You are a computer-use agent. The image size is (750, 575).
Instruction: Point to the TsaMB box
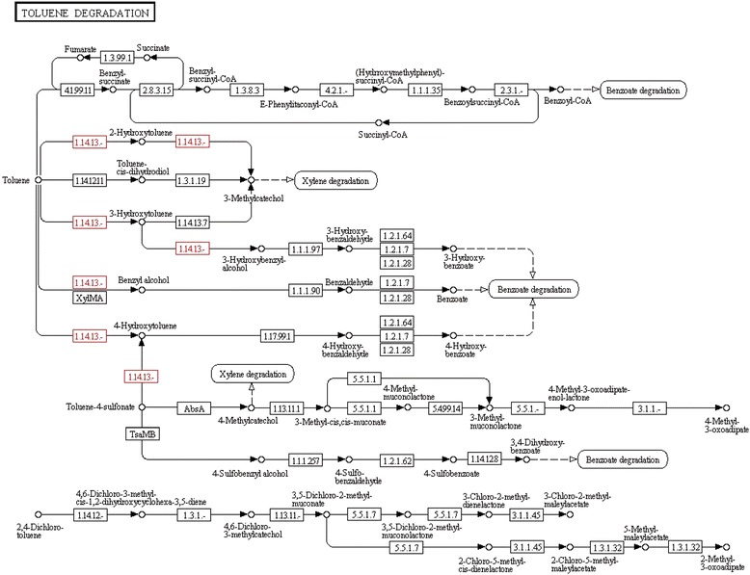tap(141, 435)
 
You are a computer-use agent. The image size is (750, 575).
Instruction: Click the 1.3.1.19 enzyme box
tap(194, 179)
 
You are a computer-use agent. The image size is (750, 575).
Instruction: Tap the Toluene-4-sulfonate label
tap(94, 407)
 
